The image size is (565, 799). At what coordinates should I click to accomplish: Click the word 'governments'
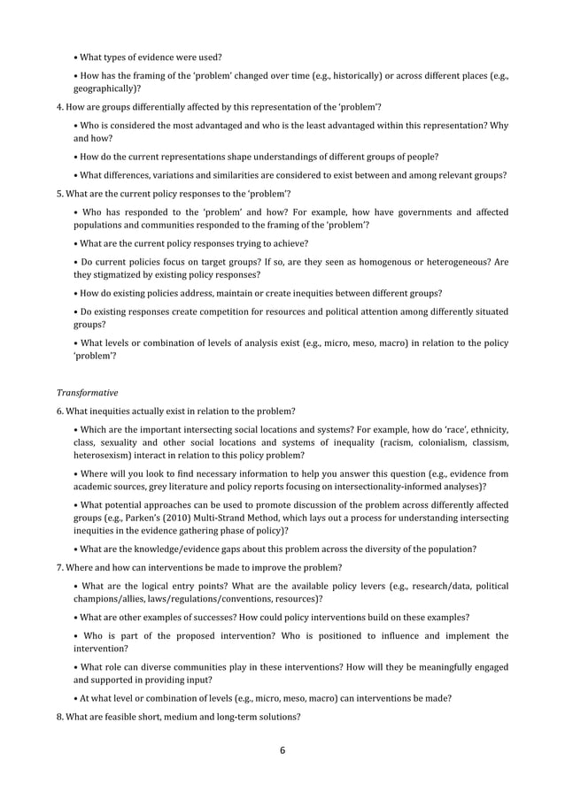pyautogui.click(x=416, y=212)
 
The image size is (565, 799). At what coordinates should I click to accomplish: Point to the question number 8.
pyautogui.click(x=58, y=717)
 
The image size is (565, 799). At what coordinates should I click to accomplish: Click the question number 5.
pyautogui.click(x=58, y=194)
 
